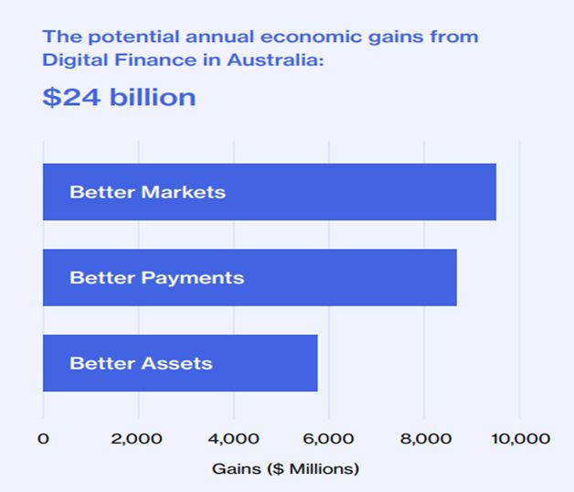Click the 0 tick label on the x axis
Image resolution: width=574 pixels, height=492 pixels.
click(43, 439)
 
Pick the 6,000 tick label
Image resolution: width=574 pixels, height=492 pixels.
click(328, 439)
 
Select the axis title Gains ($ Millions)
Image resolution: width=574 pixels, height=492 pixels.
click(286, 468)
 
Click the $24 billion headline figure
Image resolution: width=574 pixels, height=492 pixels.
click(119, 97)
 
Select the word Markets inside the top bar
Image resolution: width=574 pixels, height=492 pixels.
click(183, 192)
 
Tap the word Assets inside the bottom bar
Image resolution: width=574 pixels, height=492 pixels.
click(176, 363)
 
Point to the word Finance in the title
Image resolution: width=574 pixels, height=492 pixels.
click(145, 60)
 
